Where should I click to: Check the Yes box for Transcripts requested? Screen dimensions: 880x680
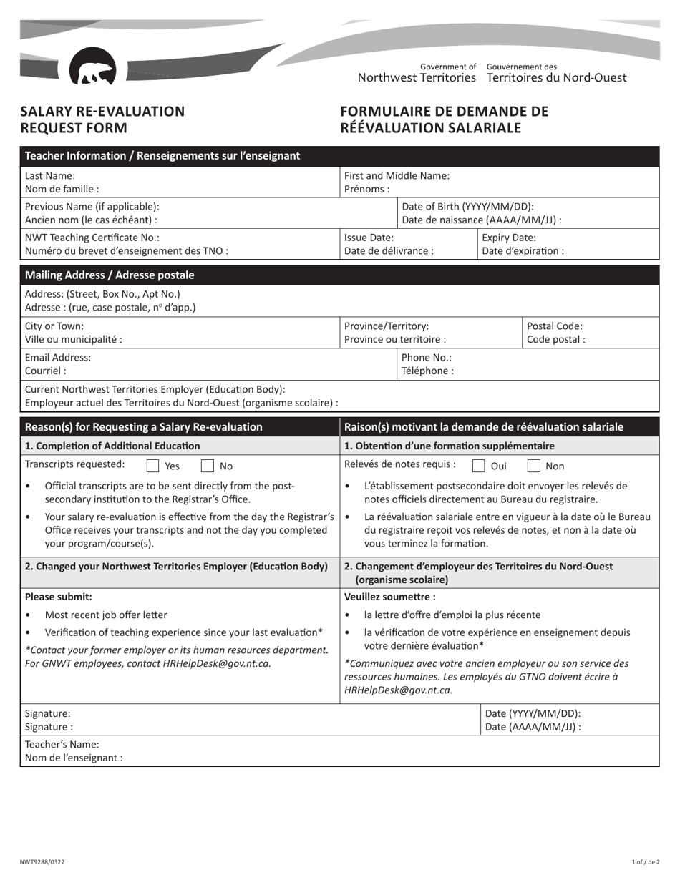[152, 466]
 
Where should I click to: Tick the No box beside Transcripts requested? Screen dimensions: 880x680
[207, 466]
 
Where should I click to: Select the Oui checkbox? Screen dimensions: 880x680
[479, 466]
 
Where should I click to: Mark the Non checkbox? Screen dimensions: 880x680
[534, 466]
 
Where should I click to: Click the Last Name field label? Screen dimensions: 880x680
[50, 175]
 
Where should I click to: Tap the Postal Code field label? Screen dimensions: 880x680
[555, 326]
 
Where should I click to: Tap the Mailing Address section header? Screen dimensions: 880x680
[110, 275]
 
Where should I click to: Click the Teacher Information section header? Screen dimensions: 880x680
[162, 156]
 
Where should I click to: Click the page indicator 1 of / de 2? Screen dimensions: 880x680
[646, 862]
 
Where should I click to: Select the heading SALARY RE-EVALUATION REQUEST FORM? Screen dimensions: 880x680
[102, 119]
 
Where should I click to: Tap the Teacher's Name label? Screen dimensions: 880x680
[62, 744]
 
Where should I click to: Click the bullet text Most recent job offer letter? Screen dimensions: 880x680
[106, 615]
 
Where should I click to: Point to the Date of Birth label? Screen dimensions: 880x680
[468, 207]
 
